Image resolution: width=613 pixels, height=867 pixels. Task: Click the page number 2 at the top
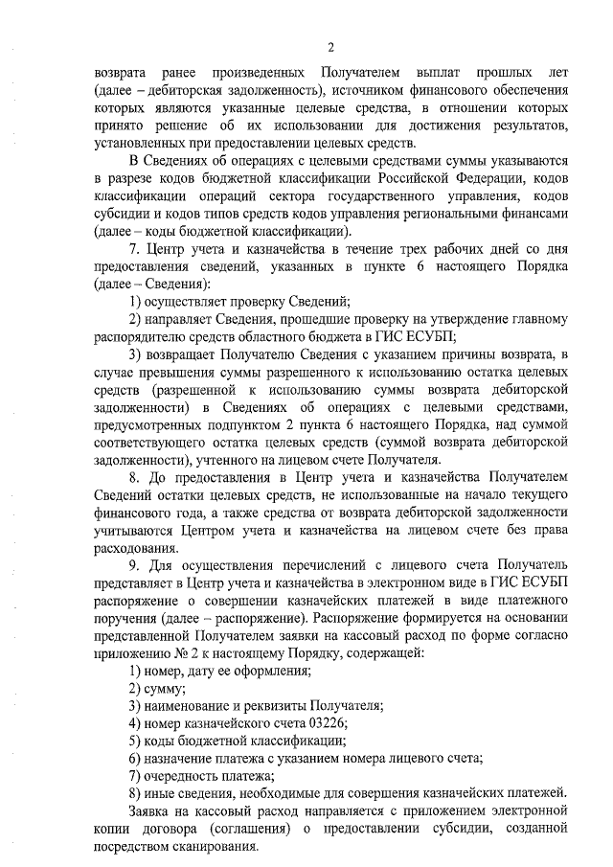coord(330,47)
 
